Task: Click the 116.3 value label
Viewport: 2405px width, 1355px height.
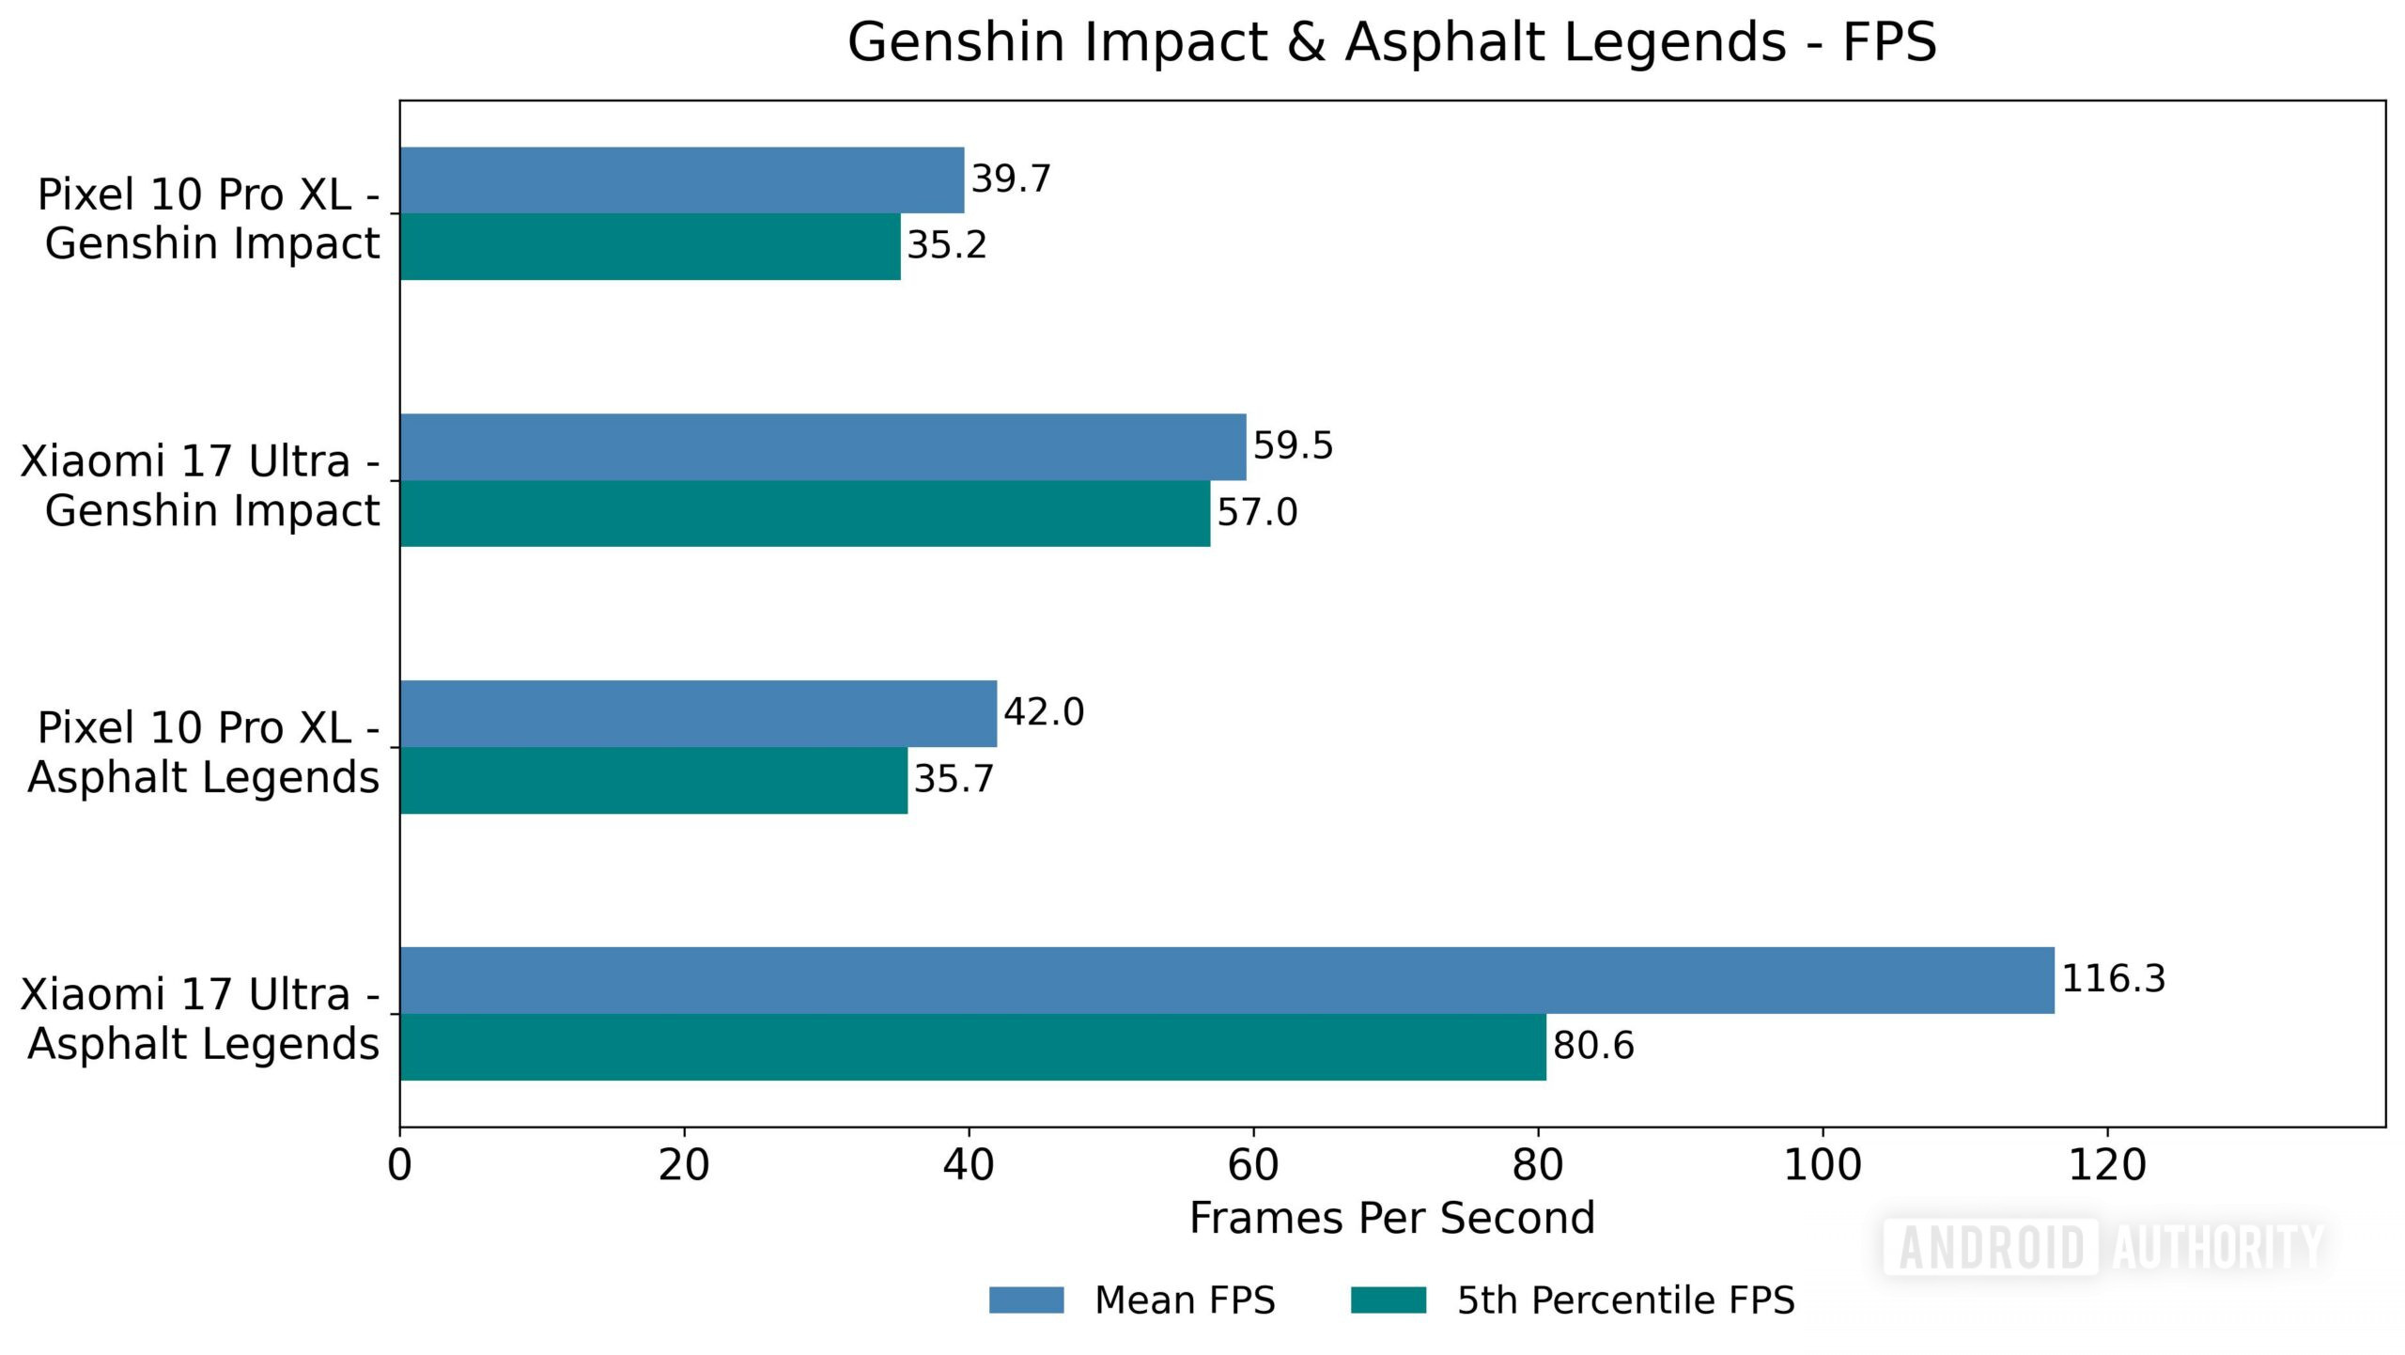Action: [x=2113, y=979]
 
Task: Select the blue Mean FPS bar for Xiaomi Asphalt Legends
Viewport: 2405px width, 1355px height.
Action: [x=1226, y=980]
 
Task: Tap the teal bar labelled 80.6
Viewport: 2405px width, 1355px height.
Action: [x=972, y=1047]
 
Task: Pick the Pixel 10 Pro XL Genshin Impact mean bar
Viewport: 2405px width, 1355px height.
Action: [x=681, y=179]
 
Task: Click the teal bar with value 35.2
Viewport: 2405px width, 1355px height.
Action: [x=649, y=246]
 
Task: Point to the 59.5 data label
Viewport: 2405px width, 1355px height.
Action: [x=1293, y=445]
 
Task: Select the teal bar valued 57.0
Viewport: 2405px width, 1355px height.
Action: [x=804, y=513]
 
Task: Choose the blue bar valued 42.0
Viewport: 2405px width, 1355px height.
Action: [x=697, y=713]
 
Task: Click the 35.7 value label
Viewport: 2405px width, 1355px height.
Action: [x=953, y=780]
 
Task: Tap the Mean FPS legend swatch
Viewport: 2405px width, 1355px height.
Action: [x=1026, y=1300]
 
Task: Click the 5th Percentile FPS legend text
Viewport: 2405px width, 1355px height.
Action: [x=1625, y=1300]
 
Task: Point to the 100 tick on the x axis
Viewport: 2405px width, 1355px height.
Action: [x=1822, y=1166]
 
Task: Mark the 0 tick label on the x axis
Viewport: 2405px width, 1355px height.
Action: [x=399, y=1166]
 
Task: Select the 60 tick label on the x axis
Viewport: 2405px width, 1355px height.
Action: [x=1252, y=1166]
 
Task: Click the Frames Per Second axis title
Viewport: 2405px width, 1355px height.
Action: [x=1391, y=1219]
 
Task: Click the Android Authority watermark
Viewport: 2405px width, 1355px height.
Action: [x=2104, y=1248]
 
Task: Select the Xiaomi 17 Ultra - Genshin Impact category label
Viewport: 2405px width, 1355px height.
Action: [x=199, y=486]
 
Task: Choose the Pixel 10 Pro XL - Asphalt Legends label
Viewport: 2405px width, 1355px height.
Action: [x=203, y=753]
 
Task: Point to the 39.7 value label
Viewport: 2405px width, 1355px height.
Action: [x=1010, y=179]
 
